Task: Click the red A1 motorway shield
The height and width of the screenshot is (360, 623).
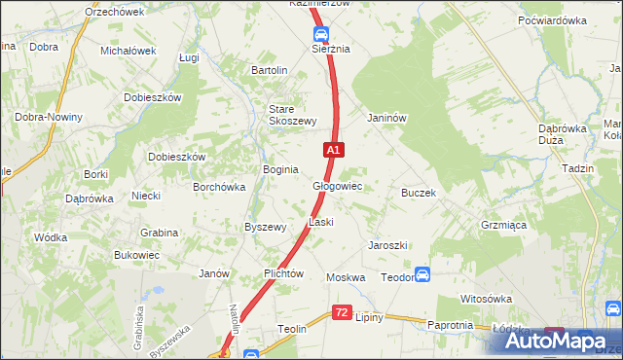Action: click(x=333, y=150)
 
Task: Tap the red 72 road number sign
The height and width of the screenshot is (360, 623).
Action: click(x=341, y=312)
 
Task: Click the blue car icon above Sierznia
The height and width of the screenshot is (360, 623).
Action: click(x=320, y=32)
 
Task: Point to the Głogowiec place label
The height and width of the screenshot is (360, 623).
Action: click(x=338, y=186)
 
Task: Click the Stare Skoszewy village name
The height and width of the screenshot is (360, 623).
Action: click(x=293, y=115)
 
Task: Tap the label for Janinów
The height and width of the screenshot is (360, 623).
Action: click(x=385, y=118)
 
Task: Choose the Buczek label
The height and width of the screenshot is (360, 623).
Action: click(x=418, y=193)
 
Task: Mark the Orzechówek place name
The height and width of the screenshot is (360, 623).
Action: click(x=114, y=12)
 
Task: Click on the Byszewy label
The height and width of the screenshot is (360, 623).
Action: click(x=265, y=227)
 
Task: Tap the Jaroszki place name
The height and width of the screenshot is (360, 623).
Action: click(x=387, y=245)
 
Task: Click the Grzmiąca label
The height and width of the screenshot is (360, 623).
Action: click(x=503, y=224)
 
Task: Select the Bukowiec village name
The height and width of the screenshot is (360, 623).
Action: click(x=136, y=255)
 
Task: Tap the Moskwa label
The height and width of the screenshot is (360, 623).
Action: click(x=346, y=277)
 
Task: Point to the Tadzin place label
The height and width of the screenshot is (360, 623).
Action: click(x=577, y=167)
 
